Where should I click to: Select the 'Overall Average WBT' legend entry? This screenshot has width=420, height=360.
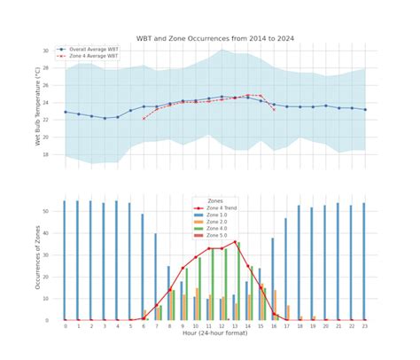tap(94, 50)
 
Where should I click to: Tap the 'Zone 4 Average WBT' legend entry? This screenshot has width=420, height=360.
tap(93, 56)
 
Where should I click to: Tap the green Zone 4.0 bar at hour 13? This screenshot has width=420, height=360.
tap(238, 281)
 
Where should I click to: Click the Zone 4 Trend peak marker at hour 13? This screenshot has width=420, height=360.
tap(236, 241)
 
